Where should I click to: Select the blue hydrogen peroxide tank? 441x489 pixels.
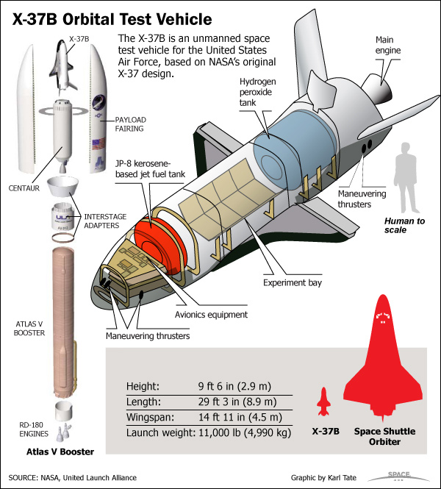295,148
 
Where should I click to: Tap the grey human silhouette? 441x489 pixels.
406,178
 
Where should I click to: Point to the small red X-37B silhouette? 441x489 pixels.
324,401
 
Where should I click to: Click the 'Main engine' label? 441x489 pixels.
387,45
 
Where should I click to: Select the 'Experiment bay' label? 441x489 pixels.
293,282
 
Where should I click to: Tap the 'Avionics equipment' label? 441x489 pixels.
211,315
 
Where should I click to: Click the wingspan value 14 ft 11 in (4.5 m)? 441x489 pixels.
240,417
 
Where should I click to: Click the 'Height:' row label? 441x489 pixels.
143,386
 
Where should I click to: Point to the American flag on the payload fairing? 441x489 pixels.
98,143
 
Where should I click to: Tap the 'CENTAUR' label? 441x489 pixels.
24,188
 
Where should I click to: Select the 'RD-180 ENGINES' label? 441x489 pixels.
34,429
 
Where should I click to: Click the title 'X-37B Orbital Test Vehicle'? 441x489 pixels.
112,19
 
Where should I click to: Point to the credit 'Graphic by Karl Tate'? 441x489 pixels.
323,477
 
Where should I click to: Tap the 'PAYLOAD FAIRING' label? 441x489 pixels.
130,124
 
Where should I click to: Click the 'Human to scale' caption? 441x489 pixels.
404,225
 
